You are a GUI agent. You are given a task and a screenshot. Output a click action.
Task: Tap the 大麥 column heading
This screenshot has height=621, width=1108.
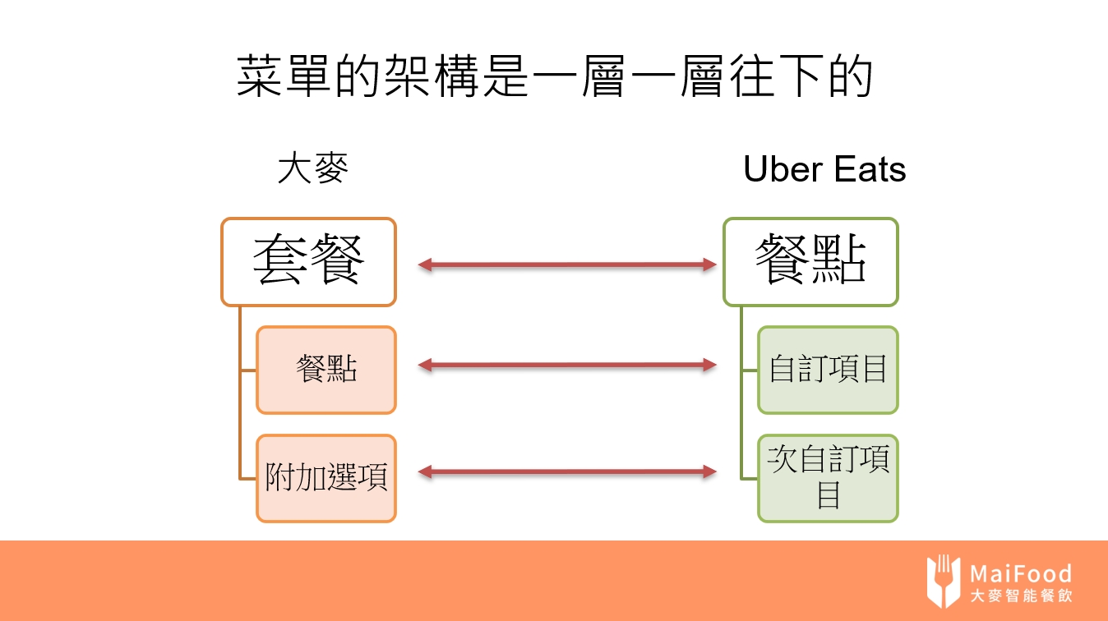point(313,169)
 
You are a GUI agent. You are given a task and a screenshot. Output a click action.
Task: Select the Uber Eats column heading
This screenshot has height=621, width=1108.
point(824,169)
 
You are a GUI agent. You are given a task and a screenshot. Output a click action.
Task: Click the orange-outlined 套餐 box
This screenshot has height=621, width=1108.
point(308,261)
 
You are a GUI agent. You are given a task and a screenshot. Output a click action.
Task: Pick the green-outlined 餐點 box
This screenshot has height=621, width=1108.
point(810,261)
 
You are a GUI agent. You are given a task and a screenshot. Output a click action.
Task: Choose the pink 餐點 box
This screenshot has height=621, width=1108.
point(326,370)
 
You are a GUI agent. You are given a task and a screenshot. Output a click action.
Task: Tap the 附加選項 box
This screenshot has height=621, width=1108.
point(326,477)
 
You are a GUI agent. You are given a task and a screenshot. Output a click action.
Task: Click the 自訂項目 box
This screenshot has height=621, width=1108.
point(828,370)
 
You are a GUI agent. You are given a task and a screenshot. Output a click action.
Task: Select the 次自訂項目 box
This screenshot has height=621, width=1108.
point(828,477)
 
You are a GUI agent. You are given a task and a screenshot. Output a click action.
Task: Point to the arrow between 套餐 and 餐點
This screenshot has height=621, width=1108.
point(567,264)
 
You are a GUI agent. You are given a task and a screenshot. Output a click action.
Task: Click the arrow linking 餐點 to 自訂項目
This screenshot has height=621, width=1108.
point(567,365)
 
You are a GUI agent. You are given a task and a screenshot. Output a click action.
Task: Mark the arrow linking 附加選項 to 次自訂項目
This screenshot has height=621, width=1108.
point(567,471)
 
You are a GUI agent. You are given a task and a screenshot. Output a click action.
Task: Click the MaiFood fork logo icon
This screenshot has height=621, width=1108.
point(943,581)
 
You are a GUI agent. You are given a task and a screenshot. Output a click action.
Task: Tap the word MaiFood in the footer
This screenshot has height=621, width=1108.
point(1020,573)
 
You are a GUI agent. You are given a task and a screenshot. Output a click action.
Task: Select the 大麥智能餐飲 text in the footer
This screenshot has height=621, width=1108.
point(1020,596)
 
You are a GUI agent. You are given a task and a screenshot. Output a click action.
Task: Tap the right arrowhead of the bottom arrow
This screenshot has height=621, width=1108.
point(709,471)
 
